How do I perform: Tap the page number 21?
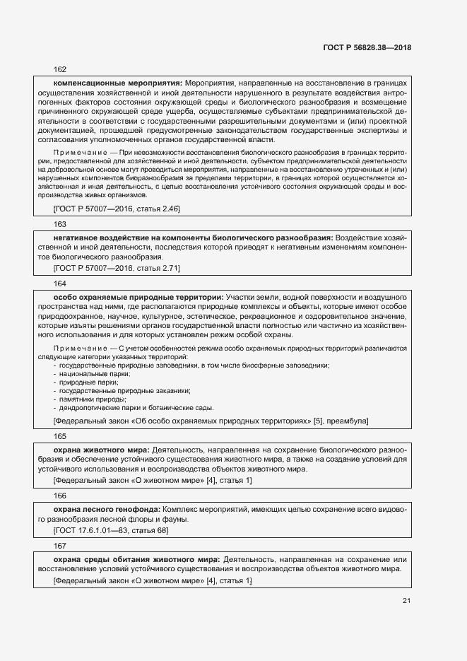pyautogui.click(x=406, y=600)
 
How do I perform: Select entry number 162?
pyautogui.click(x=60, y=69)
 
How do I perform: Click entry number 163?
pyautogui.click(x=60, y=223)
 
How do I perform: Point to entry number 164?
pyautogui.click(x=60, y=283)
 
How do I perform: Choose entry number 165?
pyautogui.click(x=60, y=437)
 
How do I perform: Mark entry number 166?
pyautogui.click(x=60, y=497)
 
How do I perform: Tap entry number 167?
pyautogui.click(x=60, y=545)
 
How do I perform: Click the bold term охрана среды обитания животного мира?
pyautogui.click(x=136, y=558)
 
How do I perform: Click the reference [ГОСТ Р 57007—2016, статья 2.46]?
pyautogui.click(x=117, y=209)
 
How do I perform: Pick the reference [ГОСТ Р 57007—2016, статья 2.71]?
pyautogui.click(x=117, y=268)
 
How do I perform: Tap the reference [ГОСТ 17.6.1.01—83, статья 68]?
pyautogui.click(x=110, y=530)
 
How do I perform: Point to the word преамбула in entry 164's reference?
pyautogui.click(x=346, y=421)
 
